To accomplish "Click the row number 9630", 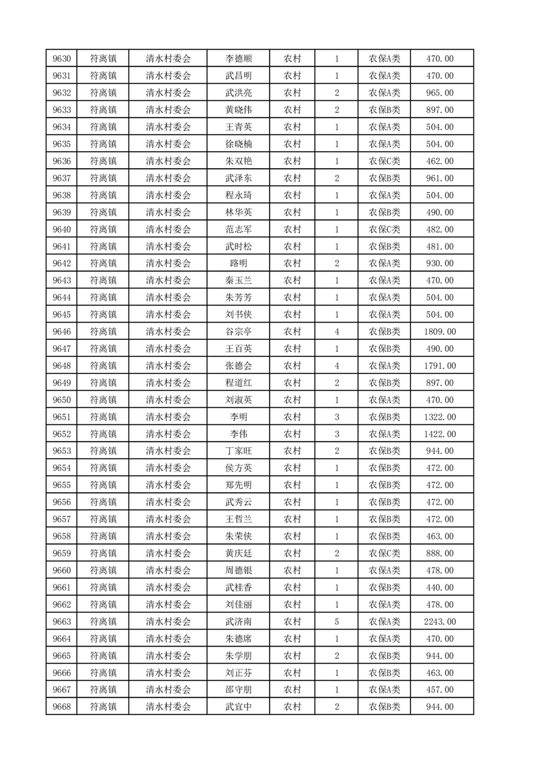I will (x=62, y=59).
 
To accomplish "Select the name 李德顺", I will (x=239, y=59).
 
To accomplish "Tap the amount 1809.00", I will (x=439, y=332).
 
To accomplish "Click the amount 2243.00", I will (x=439, y=621).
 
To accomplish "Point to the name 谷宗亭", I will (x=239, y=332).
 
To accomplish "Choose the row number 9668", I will (x=62, y=707).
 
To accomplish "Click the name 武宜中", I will (x=239, y=707).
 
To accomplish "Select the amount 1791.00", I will (x=439, y=366).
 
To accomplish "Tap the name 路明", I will (x=239, y=263).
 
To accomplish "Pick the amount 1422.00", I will (x=439, y=434).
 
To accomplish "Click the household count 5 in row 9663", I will (x=337, y=621).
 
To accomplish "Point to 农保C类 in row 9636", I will (x=385, y=161).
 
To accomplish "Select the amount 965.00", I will (x=439, y=93).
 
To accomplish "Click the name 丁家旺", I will (x=239, y=451).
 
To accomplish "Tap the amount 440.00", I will (x=439, y=587).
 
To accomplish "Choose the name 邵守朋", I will (x=239, y=690).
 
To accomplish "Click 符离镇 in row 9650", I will (x=103, y=400).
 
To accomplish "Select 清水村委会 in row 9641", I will (x=168, y=247).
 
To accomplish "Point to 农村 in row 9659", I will (x=293, y=553).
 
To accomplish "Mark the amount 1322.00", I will (x=439, y=417).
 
